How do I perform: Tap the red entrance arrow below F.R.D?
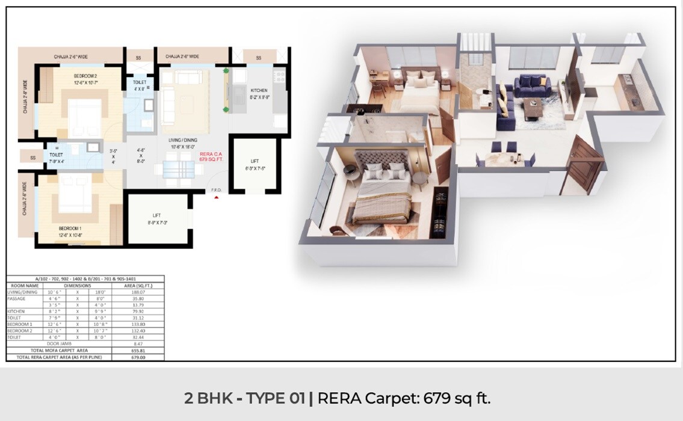point(216,197)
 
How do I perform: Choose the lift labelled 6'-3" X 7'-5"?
point(256,165)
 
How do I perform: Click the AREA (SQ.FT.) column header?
point(140,286)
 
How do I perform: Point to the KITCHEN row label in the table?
point(16,312)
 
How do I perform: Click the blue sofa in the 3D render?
point(532,85)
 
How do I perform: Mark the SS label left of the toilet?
point(32,158)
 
